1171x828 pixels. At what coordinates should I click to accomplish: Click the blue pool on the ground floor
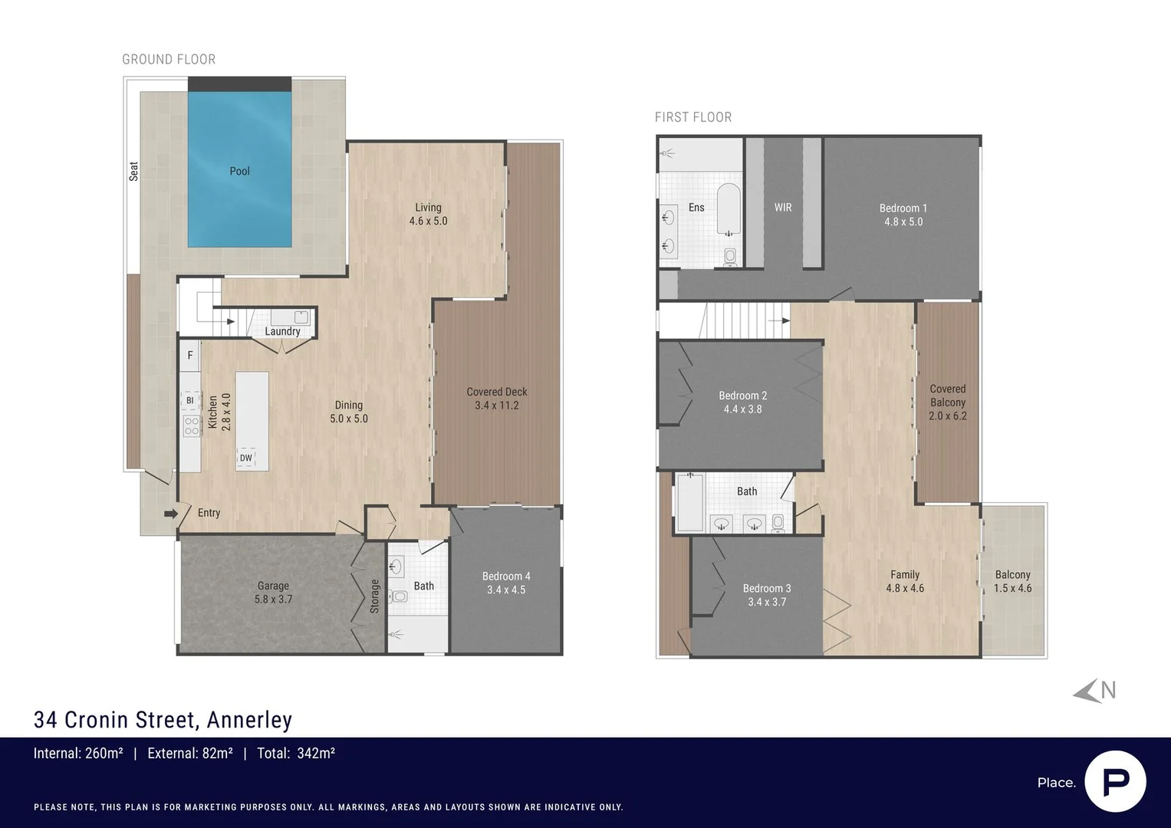pyautogui.click(x=239, y=169)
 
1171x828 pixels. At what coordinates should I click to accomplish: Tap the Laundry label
pyautogui.click(x=282, y=331)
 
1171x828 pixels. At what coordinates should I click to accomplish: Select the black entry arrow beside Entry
pyautogui.click(x=171, y=514)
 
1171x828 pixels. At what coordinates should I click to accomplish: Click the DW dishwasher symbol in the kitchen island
pyautogui.click(x=245, y=458)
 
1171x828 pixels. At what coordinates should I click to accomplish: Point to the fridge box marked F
pyautogui.click(x=189, y=356)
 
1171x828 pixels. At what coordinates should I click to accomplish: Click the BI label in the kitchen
pyautogui.click(x=189, y=400)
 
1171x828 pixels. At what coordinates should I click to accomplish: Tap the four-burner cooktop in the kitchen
pyautogui.click(x=192, y=426)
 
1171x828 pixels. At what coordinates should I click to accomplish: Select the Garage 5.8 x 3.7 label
pyautogui.click(x=274, y=593)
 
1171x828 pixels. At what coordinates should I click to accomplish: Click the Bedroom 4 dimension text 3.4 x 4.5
pyautogui.click(x=506, y=590)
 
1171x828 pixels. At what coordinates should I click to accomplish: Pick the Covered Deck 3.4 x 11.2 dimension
pyautogui.click(x=497, y=405)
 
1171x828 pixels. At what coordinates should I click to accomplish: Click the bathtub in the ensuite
pyautogui.click(x=729, y=209)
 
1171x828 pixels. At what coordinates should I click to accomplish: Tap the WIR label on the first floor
pyautogui.click(x=783, y=208)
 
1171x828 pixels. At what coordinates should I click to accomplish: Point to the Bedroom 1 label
pyautogui.click(x=903, y=208)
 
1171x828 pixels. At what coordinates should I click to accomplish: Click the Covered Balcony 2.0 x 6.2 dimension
pyautogui.click(x=948, y=416)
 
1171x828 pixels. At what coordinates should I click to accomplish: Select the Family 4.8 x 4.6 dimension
pyautogui.click(x=905, y=588)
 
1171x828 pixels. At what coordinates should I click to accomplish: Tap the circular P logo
pyautogui.click(x=1116, y=781)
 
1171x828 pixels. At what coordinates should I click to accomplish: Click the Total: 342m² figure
pyautogui.click(x=296, y=753)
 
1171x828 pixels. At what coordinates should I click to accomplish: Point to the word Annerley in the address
pyautogui.click(x=249, y=720)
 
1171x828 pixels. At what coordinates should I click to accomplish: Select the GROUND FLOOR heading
pyautogui.click(x=169, y=60)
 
